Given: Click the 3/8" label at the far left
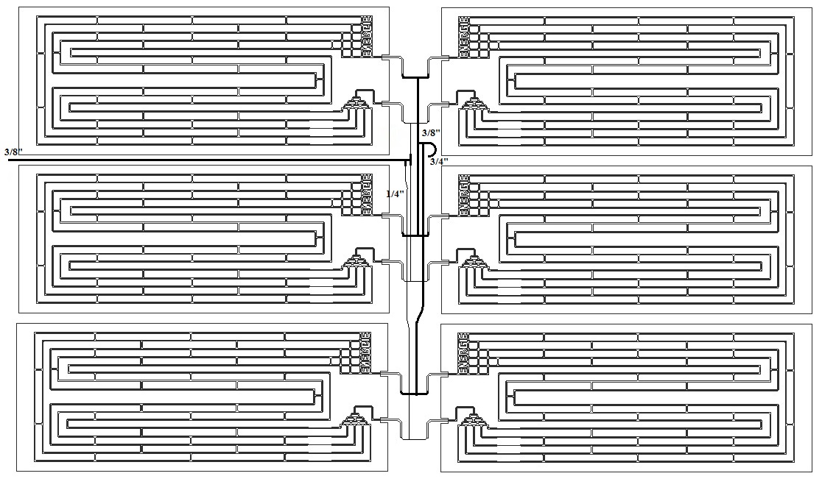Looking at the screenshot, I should (x=13, y=152).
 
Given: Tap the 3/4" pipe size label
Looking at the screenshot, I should (x=439, y=161).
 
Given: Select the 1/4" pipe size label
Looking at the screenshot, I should (x=396, y=193).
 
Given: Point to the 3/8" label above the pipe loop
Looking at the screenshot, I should (x=431, y=132).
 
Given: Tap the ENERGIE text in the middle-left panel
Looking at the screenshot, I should (x=366, y=195).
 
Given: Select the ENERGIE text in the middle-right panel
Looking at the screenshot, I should (x=464, y=195).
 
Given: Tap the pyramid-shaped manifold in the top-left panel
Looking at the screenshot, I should (x=359, y=102).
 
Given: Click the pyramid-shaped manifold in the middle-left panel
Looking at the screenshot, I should (x=359, y=260).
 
